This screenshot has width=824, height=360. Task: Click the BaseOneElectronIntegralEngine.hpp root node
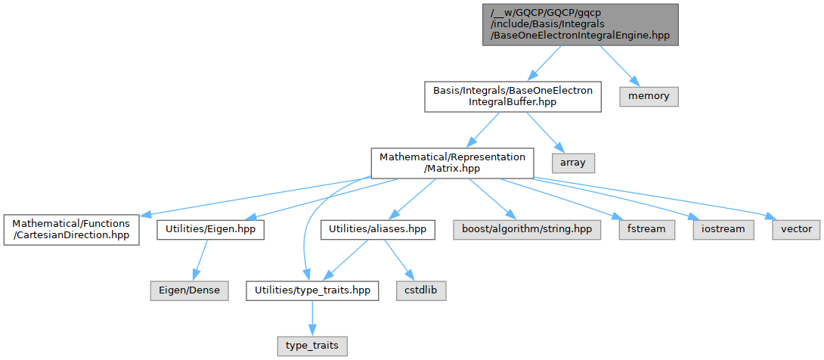tap(580, 25)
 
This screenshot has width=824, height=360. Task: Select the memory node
tap(649, 97)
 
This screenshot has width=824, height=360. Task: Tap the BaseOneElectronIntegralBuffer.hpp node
tap(513, 97)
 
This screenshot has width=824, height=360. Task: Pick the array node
tap(574, 162)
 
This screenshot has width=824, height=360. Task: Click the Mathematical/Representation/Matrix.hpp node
tap(452, 162)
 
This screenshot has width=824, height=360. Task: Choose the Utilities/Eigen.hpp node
tap(210, 228)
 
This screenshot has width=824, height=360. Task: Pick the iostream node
tap(717, 228)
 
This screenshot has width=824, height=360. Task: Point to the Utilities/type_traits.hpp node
tap(312, 290)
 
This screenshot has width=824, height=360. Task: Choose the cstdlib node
tap(421, 290)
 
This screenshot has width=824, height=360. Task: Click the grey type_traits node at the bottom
tap(312, 346)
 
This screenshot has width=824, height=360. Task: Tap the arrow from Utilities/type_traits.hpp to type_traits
tap(312, 318)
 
